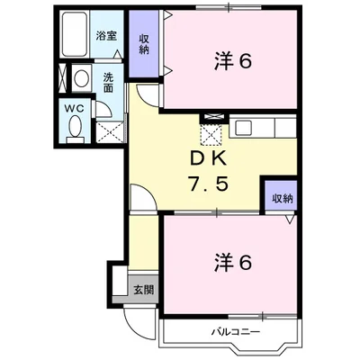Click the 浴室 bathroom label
tap(106, 37)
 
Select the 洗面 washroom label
tap(107, 82)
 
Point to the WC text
tap(75, 108)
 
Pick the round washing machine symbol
tap(80, 77)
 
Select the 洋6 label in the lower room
tap(231, 263)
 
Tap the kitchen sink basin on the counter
tap(246, 128)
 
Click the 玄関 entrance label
tap(143, 290)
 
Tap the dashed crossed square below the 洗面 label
tap(111, 132)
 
